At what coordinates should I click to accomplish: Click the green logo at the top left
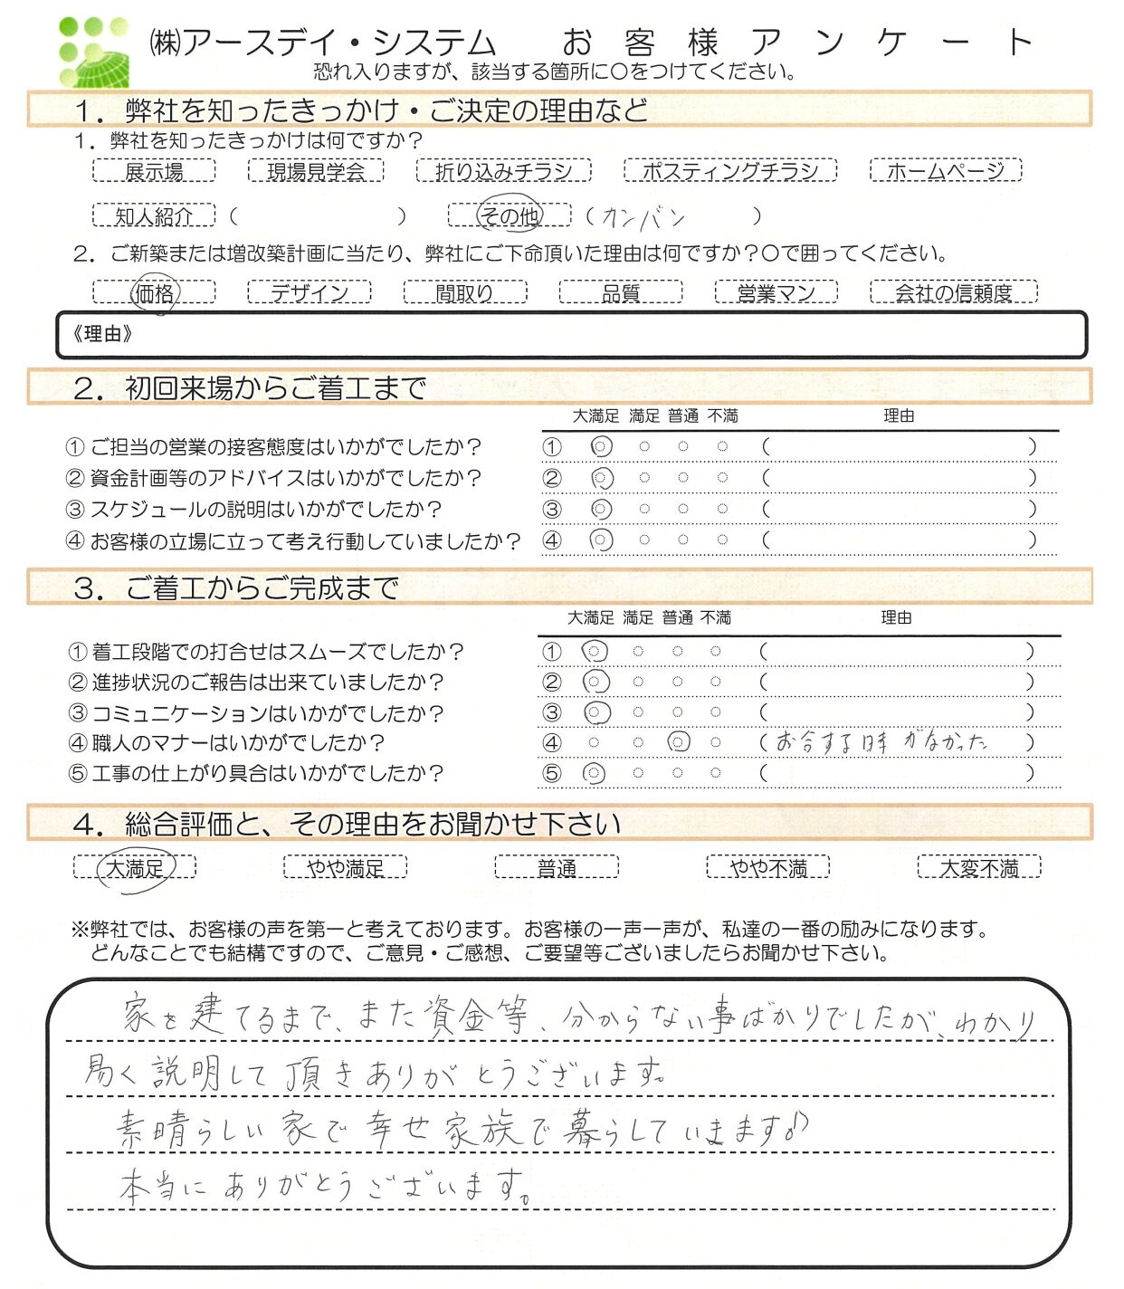tap(93, 52)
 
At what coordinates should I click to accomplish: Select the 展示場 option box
tap(154, 170)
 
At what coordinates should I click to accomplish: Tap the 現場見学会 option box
tap(316, 170)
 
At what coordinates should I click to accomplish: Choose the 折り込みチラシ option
tap(503, 170)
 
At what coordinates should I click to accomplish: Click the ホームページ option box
tap(945, 170)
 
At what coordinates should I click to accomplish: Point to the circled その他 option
tap(510, 215)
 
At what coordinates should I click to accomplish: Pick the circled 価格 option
tap(155, 292)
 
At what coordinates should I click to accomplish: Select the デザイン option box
tap(309, 292)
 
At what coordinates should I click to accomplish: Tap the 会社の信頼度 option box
tap(953, 292)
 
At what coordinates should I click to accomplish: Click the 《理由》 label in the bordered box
tap(102, 334)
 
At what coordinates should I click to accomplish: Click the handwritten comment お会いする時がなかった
tap(881, 743)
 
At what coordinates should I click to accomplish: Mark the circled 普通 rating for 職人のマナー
tap(678, 743)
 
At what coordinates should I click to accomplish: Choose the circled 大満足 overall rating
tap(135, 868)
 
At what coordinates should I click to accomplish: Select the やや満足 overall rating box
tap(345, 868)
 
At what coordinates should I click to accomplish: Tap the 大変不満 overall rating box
tap(978, 868)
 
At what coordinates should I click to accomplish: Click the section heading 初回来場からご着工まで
tap(276, 388)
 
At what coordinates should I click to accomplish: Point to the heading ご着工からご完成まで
tap(262, 588)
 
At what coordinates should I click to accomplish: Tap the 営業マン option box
tap(776, 292)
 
